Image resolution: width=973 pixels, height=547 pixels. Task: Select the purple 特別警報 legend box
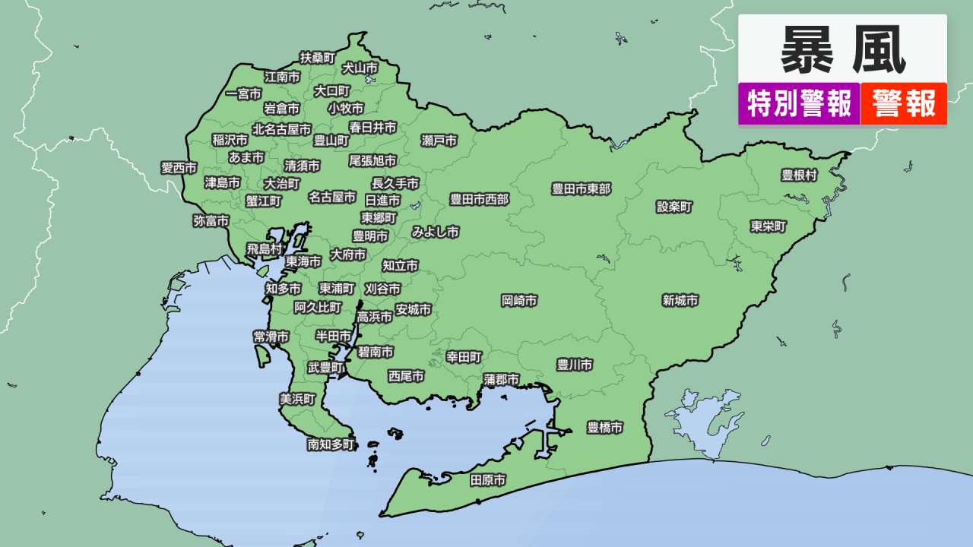click(x=799, y=103)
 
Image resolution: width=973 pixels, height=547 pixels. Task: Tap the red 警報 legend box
click(x=904, y=103)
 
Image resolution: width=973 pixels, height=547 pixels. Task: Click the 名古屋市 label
click(x=332, y=197)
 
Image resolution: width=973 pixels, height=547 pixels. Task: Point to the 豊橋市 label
click(x=605, y=428)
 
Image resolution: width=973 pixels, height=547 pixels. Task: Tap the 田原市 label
click(x=488, y=480)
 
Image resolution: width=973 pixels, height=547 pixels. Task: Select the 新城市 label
click(x=680, y=301)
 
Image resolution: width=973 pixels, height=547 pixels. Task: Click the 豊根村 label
click(x=799, y=175)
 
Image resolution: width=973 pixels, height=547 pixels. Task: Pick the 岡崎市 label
click(x=519, y=301)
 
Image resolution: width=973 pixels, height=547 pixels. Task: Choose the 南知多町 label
click(x=331, y=444)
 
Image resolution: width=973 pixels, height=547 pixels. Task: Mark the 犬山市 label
click(x=360, y=68)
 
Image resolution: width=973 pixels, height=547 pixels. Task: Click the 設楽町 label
click(x=675, y=207)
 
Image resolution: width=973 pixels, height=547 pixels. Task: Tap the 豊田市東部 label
click(x=582, y=189)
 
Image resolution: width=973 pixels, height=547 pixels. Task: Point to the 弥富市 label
click(x=211, y=221)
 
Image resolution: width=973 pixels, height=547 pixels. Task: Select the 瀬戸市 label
click(x=439, y=141)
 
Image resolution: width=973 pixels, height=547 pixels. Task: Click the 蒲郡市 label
click(x=502, y=379)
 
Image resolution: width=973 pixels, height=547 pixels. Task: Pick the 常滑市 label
click(x=271, y=337)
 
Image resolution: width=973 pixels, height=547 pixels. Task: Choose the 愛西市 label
click(x=179, y=168)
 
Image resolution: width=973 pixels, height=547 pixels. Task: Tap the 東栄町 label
click(x=769, y=226)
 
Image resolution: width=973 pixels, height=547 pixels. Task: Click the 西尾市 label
click(x=406, y=376)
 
